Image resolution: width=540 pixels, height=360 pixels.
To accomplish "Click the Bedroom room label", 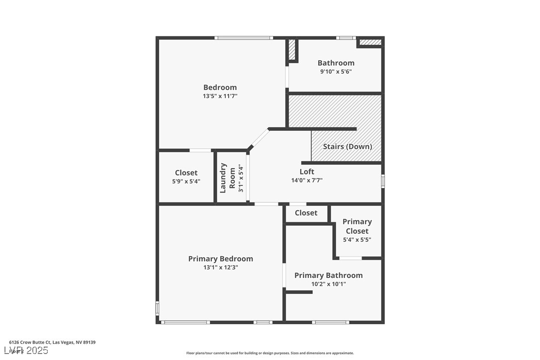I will click(220, 88).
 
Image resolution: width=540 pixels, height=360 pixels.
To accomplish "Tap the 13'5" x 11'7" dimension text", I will click(220, 96).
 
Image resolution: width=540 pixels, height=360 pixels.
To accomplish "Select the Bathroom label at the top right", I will click(336, 63).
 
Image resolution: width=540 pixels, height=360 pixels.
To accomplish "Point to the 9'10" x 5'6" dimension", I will click(336, 72).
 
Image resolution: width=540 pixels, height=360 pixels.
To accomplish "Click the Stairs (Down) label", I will click(347, 147).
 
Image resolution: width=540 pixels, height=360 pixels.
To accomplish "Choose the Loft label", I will click(307, 172).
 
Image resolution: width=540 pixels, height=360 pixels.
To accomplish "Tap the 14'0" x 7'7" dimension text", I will click(307, 180).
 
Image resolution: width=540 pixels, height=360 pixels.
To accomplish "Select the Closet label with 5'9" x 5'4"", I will click(186, 173).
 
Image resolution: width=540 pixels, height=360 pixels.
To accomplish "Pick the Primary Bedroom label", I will click(220, 259).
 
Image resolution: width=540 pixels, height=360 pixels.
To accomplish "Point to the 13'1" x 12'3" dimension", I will click(220, 268).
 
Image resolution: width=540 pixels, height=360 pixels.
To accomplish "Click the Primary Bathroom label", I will click(328, 275).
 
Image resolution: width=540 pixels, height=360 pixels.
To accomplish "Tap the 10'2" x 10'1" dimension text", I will click(328, 284).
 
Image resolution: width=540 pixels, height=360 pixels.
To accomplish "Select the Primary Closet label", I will click(357, 226).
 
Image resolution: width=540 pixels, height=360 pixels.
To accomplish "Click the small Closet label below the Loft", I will click(306, 213).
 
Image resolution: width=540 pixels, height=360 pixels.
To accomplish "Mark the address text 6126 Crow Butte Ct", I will click(52, 342).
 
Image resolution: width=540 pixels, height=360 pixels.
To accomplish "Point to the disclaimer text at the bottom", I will click(270, 353).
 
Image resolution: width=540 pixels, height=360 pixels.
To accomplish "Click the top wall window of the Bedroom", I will click(244, 38).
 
